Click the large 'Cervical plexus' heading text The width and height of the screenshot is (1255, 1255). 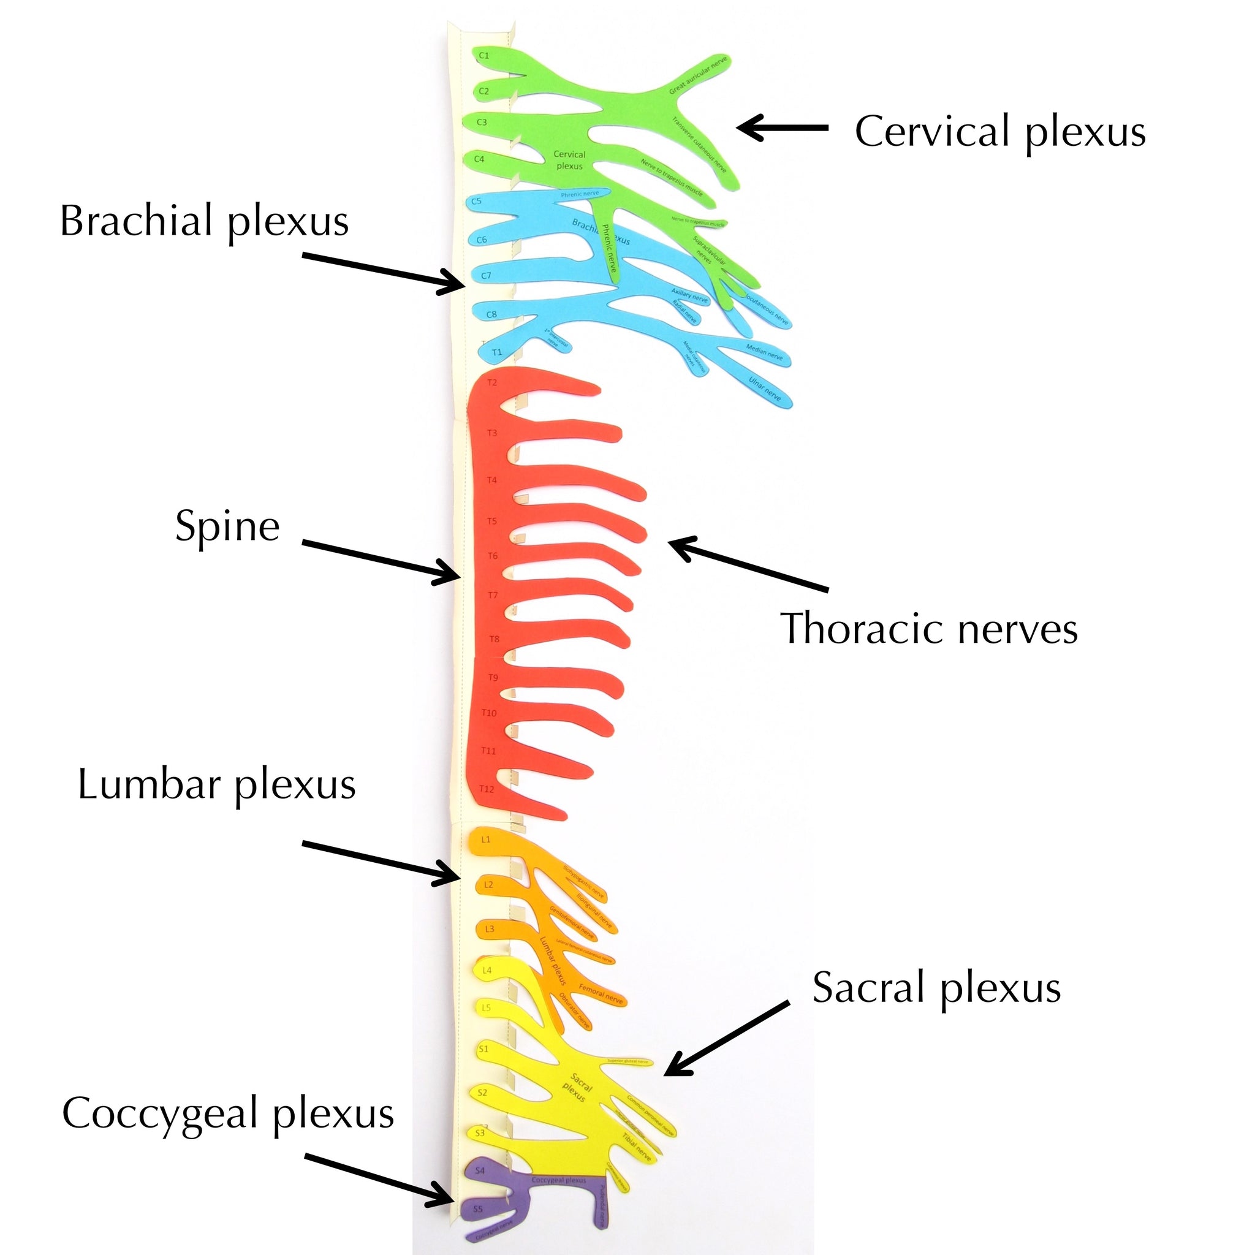pos(999,132)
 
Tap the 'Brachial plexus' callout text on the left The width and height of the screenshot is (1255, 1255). pos(205,221)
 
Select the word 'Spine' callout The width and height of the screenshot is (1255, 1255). pos(227,526)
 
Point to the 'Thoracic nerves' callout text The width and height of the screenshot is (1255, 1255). pos(929,629)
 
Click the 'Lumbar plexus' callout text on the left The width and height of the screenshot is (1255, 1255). pos(216,785)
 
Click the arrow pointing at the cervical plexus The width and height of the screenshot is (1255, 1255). pos(782,128)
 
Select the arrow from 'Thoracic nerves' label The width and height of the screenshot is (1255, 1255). pos(748,564)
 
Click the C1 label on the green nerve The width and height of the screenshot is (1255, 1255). pos(484,56)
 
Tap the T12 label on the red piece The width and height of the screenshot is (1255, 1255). pos(487,789)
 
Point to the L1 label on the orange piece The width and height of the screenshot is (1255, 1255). pos(486,840)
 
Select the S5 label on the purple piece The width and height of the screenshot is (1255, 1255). pos(478,1209)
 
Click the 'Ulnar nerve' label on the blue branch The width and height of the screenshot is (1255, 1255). pos(765,388)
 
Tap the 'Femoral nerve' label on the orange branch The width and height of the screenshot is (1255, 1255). pos(601,995)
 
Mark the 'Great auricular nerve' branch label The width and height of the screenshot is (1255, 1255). pos(699,75)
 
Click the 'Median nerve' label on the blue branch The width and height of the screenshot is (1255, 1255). pos(765,353)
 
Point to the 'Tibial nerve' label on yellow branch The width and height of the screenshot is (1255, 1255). pos(636,1147)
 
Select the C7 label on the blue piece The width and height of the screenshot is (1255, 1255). pos(486,275)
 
